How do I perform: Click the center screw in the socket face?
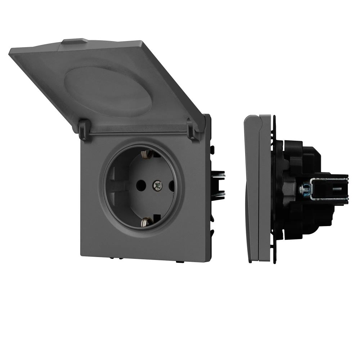coord(157,185)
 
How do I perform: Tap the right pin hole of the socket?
coord(171,186)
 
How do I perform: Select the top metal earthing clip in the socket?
coord(145,154)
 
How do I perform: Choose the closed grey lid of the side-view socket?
coord(251,187)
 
